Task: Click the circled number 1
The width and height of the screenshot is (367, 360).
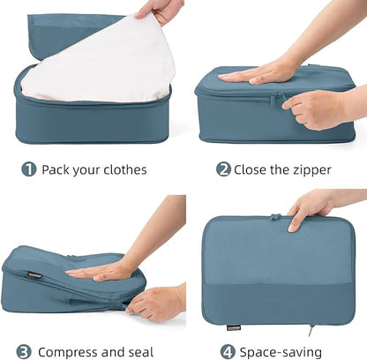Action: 29,169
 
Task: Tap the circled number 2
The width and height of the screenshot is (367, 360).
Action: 223,169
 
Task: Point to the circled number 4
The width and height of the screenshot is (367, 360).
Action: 228,351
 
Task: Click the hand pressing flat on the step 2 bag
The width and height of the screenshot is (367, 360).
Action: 255,72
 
